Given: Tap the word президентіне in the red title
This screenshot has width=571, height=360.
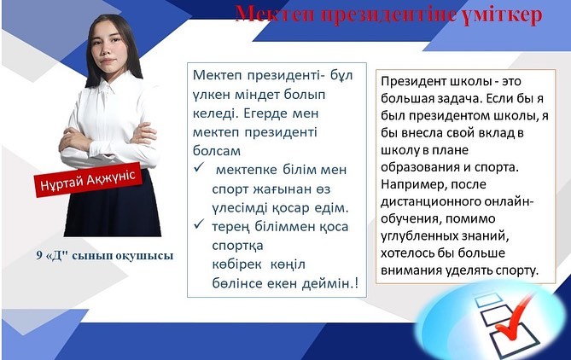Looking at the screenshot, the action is pos(387,16).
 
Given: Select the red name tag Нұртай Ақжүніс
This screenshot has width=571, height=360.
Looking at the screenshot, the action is pos(87,180).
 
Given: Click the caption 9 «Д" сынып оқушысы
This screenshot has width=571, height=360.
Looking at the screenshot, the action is pos(105,256).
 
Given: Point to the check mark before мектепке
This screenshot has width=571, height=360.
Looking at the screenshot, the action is pos(199,167).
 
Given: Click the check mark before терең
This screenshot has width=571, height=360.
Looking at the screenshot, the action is pos(199,224).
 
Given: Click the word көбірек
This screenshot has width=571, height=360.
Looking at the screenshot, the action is pos(236,264).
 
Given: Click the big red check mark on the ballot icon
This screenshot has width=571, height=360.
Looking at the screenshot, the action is pos(514,318).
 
